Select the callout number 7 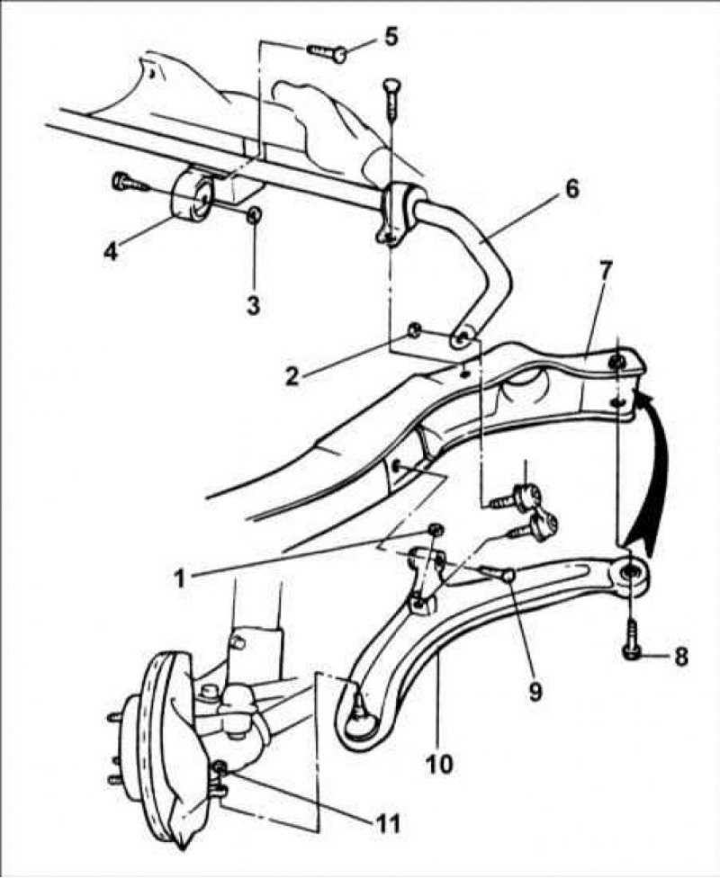tap(603, 273)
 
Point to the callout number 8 tap(680, 657)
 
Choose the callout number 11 tap(386, 823)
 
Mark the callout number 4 tap(111, 250)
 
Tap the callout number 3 tap(254, 306)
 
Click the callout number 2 tap(292, 376)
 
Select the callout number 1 tap(179, 579)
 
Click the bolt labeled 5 tap(328, 52)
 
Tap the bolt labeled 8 tap(632, 637)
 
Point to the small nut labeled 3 tap(254, 214)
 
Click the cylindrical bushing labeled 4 tap(191, 195)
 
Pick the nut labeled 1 tap(436, 529)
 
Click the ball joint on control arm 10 tap(359, 718)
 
